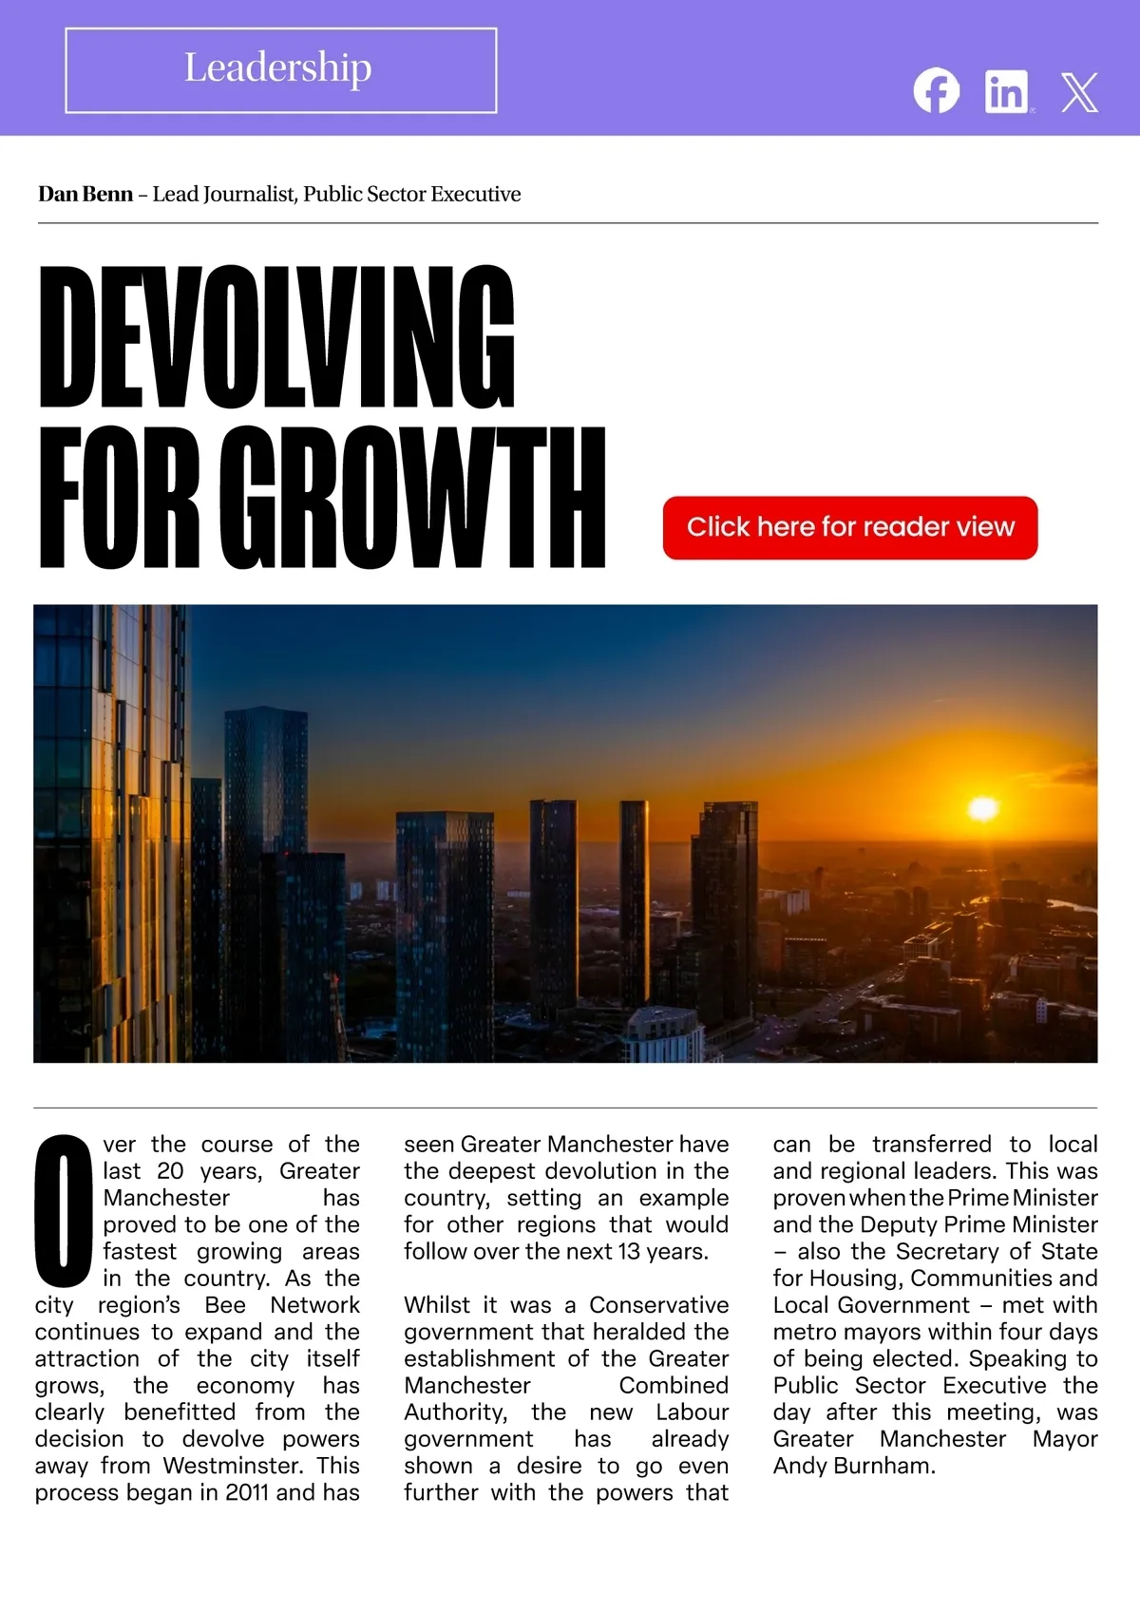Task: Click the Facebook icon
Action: click(937, 91)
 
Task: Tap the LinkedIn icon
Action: click(1007, 91)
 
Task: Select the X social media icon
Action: click(1079, 92)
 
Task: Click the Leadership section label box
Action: click(280, 70)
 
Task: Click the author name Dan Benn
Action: click(85, 195)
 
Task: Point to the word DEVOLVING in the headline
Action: click(276, 336)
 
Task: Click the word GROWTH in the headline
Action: click(418, 498)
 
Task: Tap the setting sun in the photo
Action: click(982, 809)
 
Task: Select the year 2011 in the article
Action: click(247, 1492)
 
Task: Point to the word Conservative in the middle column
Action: click(658, 1305)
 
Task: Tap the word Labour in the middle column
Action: click(692, 1412)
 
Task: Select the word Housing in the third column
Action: click(849, 1279)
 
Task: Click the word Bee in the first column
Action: click(225, 1305)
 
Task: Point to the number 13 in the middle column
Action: click(629, 1252)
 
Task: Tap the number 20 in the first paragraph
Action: click(170, 1171)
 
